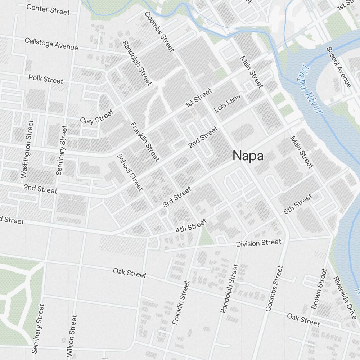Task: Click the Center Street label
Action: pos(48,9)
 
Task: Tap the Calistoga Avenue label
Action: pos(51,44)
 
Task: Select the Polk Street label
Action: pos(46,78)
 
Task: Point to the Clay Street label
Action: pos(97,117)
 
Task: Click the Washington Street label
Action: pos(27,149)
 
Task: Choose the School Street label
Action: pos(130,172)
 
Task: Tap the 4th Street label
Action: pos(191,225)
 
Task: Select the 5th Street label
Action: pos(298,204)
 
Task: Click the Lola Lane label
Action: pos(227,103)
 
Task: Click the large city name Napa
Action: pos(248,156)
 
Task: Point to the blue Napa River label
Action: pos(310,89)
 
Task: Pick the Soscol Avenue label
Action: pos(338,67)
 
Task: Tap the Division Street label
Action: pos(258,243)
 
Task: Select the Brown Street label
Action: pos(319,289)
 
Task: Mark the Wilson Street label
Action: pos(72,335)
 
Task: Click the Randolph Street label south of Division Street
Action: pos(229,288)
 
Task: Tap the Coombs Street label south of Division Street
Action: pos(274,288)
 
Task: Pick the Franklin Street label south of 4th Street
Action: pos(181,303)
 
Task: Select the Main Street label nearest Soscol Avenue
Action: pos(251,72)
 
